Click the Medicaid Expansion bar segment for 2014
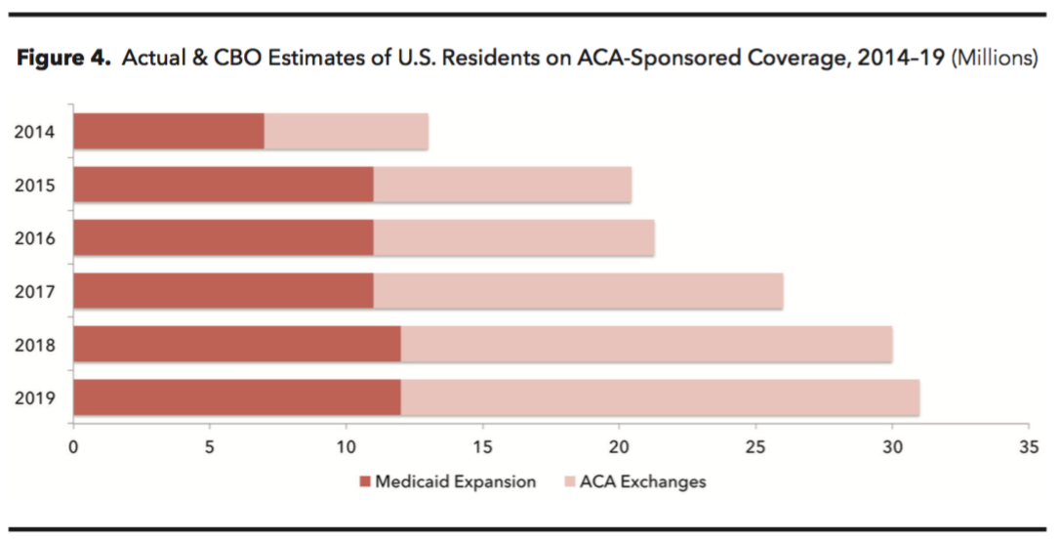pos(168,132)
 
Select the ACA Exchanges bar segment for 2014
pos(346,132)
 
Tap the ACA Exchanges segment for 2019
pos(660,397)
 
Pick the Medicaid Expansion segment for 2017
pos(223,291)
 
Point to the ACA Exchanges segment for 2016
pos(513,238)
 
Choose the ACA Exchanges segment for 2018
pos(646,344)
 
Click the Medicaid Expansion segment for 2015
pos(223,185)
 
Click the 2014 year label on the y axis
pos(36,132)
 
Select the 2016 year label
pos(36,238)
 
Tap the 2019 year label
pos(36,397)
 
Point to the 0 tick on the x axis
pos(73,447)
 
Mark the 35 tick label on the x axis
pos(1028,447)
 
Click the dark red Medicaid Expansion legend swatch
pos(365,481)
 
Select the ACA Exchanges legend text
pos(642,481)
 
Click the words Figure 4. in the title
pos(62,59)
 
